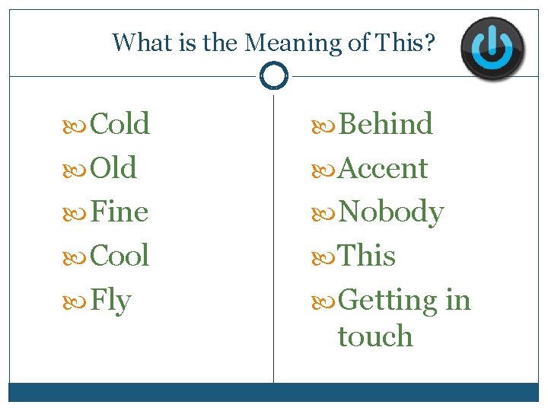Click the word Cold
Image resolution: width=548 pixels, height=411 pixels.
119,124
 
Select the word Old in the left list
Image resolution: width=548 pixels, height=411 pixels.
113,168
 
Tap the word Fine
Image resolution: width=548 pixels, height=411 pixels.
119,212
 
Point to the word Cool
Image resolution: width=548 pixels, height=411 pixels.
119,256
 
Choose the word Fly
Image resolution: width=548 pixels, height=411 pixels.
110,301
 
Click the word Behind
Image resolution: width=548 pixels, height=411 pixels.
385,124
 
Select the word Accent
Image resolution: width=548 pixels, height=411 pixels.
382,168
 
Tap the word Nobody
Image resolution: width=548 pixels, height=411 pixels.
390,212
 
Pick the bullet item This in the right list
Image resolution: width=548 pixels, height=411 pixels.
366,256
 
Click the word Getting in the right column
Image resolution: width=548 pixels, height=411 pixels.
387,301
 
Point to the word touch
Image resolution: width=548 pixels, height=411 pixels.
374,336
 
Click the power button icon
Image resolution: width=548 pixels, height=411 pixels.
495,47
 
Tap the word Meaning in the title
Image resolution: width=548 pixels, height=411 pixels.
294,43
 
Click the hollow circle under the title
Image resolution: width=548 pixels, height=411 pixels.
273,75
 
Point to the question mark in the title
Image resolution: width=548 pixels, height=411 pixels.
430,43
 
